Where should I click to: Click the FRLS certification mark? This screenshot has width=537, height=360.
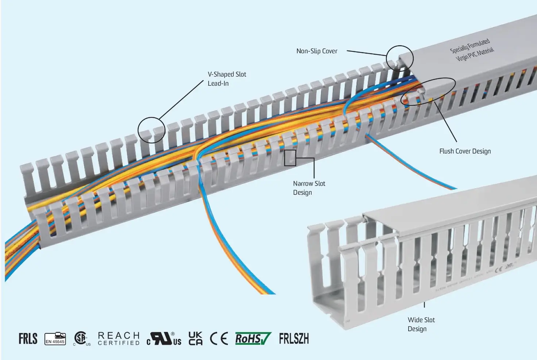click(28, 338)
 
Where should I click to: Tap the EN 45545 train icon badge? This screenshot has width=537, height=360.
click(55, 339)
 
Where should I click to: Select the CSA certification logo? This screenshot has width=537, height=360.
click(81, 338)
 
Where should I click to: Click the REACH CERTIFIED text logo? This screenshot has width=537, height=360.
click(119, 338)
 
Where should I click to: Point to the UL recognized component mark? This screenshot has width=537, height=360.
click(164, 338)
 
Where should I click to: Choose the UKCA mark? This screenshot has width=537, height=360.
click(196, 338)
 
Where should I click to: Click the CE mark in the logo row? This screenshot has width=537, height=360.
click(219, 338)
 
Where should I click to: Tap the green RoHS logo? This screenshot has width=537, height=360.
click(252, 338)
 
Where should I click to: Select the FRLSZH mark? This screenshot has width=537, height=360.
click(294, 338)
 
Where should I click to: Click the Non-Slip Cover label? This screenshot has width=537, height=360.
click(317, 51)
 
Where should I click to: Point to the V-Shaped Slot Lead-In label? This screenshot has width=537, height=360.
click(227, 79)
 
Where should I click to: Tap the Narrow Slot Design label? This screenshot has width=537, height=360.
click(309, 188)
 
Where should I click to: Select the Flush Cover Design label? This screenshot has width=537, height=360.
click(465, 151)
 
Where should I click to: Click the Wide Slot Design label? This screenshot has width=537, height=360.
click(421, 324)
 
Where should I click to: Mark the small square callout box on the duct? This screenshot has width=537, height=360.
click(290, 158)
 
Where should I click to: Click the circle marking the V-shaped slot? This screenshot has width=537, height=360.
click(151, 131)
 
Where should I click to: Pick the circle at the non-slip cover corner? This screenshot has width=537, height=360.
click(400, 58)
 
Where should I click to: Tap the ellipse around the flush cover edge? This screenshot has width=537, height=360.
click(428, 92)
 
